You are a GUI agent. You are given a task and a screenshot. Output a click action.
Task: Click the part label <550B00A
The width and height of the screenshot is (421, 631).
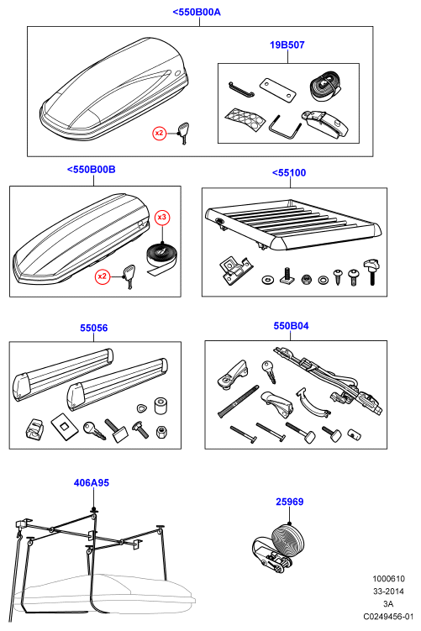tap(197, 12)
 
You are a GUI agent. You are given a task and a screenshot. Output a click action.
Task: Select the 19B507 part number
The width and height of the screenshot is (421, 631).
tap(287, 45)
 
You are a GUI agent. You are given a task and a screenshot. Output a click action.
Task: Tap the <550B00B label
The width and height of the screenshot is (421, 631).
tap(91, 170)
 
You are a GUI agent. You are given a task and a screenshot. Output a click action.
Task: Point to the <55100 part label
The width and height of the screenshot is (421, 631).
tap(289, 172)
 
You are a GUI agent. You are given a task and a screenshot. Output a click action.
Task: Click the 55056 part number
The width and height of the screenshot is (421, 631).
tap(94, 328)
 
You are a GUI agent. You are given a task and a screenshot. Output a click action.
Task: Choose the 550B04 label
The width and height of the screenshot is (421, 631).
tap(291, 325)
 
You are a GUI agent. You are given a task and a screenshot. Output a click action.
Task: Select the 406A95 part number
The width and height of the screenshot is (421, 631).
tap(92, 482)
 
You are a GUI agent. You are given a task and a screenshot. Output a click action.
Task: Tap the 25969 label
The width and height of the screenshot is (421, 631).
tap(289, 502)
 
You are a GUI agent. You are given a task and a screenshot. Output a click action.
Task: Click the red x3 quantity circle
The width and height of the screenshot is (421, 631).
tap(162, 218)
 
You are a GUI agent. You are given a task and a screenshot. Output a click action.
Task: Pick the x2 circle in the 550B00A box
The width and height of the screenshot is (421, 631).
tap(160, 133)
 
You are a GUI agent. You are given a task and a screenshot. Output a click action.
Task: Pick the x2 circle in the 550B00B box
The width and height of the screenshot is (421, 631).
tap(103, 276)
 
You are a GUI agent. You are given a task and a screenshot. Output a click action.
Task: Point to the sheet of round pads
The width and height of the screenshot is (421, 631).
tap(245, 118)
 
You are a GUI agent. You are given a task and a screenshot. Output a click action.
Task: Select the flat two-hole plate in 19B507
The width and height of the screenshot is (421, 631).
tap(277, 89)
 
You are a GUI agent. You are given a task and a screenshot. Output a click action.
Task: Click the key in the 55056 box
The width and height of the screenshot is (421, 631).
tap(94, 430)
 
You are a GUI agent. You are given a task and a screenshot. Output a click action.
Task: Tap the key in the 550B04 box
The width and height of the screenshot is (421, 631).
tap(269, 371)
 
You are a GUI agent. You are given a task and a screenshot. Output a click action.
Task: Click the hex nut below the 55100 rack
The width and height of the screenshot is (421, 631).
tap(306, 278)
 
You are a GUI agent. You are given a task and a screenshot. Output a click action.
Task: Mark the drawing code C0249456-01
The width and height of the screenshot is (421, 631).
tap(388, 616)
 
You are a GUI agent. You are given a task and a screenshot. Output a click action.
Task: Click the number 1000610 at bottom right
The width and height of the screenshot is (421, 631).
tap(388, 579)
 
